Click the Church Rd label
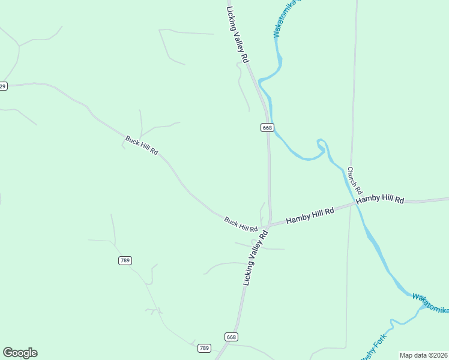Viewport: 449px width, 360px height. (x=352, y=179)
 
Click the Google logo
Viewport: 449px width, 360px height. (x=20, y=353)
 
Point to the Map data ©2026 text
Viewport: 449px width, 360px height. (x=424, y=355)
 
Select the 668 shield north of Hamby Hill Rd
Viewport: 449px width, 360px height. (x=267, y=127)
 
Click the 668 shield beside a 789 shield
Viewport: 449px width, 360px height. (x=232, y=337)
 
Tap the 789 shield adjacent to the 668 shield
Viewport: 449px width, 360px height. (x=205, y=348)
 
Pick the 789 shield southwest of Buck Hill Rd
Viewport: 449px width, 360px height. (x=125, y=260)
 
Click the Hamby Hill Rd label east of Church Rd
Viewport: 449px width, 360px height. (x=380, y=200)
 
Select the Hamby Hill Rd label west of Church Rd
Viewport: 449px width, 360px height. (x=310, y=217)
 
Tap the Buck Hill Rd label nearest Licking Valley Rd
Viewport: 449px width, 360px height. (x=241, y=225)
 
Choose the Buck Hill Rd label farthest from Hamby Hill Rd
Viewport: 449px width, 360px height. (x=142, y=146)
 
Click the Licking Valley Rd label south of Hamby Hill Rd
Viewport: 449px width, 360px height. (x=255, y=257)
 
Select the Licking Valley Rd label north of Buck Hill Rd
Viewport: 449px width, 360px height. (x=238, y=33)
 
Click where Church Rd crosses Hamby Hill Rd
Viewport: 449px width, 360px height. (x=352, y=205)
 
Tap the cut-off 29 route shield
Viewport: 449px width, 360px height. (x=3, y=86)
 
